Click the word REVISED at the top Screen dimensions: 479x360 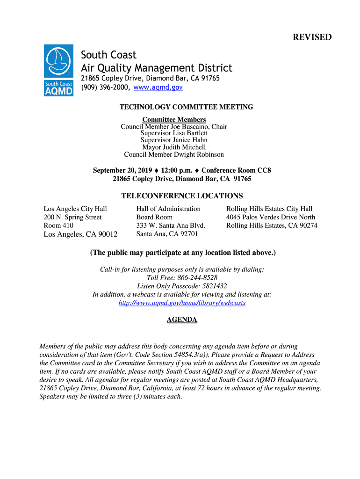click(312, 37)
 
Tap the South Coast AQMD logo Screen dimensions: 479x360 click(58, 70)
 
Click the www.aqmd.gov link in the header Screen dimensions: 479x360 click(158, 87)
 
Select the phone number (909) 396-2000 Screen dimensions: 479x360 click(105, 87)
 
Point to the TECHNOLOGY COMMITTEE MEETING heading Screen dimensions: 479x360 click(186, 107)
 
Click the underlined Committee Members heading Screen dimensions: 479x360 click(174, 120)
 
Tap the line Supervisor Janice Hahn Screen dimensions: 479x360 click(174, 140)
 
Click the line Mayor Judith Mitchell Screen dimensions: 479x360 click(174, 147)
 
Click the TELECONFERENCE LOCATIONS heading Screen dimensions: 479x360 click(182, 196)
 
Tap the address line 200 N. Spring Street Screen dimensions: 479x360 click(72, 217)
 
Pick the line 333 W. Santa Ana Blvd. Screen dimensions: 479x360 click(171, 225)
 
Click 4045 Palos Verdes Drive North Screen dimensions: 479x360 click(271, 217)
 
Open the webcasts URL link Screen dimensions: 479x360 click(182, 303)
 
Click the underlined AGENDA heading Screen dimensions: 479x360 click(182, 320)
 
